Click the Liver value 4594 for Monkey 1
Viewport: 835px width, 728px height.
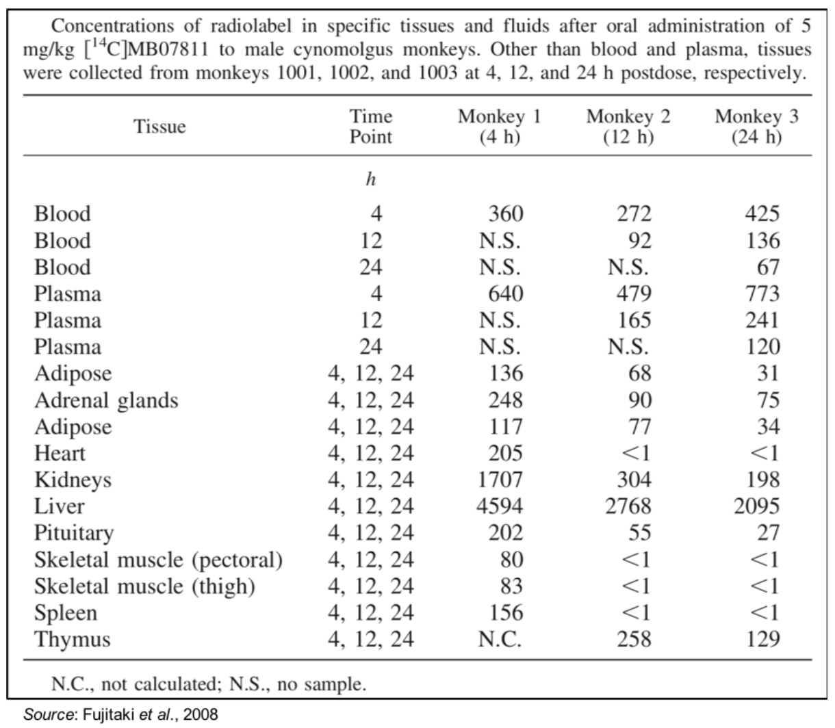(x=500, y=507)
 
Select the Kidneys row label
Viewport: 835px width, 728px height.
(x=73, y=480)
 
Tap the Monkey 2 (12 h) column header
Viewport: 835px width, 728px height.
(x=628, y=127)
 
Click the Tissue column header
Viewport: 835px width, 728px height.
(x=159, y=127)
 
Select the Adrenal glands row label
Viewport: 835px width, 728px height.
(x=105, y=400)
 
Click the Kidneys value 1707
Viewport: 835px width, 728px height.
(x=500, y=480)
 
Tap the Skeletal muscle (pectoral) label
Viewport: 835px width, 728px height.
(x=158, y=560)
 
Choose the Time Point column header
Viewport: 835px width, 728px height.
(x=371, y=127)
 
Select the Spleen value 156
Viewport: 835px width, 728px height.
(x=505, y=613)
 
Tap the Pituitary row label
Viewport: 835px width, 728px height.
(x=74, y=533)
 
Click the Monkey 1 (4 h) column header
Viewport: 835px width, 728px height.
(x=499, y=127)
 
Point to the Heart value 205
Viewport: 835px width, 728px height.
(x=505, y=454)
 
